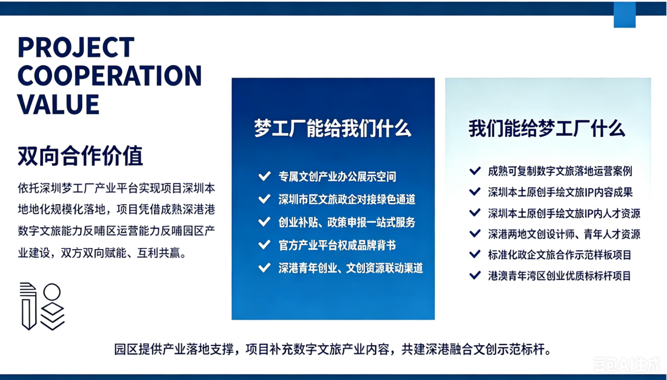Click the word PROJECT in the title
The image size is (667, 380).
click(x=76, y=47)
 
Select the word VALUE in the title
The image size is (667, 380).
click(x=59, y=104)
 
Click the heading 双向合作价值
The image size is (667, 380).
click(x=80, y=156)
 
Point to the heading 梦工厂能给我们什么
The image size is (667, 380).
click(x=333, y=128)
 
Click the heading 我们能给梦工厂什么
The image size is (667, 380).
click(x=547, y=128)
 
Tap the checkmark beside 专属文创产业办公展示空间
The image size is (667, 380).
click(x=264, y=176)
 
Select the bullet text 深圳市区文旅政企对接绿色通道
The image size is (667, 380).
click(x=346, y=199)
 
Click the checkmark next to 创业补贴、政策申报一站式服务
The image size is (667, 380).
click(x=264, y=222)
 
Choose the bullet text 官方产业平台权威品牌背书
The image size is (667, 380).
click(x=337, y=245)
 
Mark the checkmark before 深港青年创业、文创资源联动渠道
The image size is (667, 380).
click(x=264, y=268)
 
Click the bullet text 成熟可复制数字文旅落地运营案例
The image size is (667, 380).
click(x=560, y=171)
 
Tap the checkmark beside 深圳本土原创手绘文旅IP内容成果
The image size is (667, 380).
click(x=475, y=192)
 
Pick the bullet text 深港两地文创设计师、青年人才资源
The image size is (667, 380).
click(x=564, y=234)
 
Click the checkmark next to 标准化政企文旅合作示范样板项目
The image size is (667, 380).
click(x=475, y=254)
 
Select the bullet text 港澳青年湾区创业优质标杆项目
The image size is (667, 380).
click(x=559, y=275)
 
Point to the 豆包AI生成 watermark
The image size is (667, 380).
click(x=627, y=364)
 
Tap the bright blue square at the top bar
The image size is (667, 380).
click(x=625, y=15)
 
